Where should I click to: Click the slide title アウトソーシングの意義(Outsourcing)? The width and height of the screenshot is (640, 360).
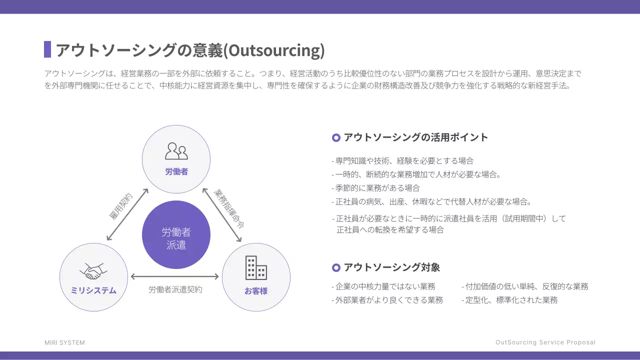pos(190,50)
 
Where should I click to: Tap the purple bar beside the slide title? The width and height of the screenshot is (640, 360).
pos(47,49)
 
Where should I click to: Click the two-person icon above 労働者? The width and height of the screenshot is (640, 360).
pos(176,151)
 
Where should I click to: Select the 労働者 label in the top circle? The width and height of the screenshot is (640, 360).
pos(176,171)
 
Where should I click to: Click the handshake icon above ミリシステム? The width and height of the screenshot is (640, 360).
pos(93,271)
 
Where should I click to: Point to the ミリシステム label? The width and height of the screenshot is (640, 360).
pos(93,290)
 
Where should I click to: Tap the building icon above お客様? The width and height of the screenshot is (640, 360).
pos(256,268)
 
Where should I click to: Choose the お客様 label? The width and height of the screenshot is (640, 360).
pos(256,290)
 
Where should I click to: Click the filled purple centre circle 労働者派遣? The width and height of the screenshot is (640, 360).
pos(176,235)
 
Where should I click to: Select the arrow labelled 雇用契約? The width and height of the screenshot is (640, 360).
pos(127,214)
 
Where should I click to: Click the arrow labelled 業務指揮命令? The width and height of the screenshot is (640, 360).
pos(222,215)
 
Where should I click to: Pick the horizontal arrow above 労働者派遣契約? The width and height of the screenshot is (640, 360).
pos(175,276)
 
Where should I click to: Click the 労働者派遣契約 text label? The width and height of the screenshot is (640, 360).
pos(175,289)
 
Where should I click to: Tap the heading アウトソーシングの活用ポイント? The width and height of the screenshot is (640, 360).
pos(415,137)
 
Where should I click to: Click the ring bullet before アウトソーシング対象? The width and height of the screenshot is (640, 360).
pos(336,268)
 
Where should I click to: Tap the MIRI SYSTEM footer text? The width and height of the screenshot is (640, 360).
pos(64,342)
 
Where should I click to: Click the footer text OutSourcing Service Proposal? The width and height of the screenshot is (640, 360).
pos(545,342)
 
